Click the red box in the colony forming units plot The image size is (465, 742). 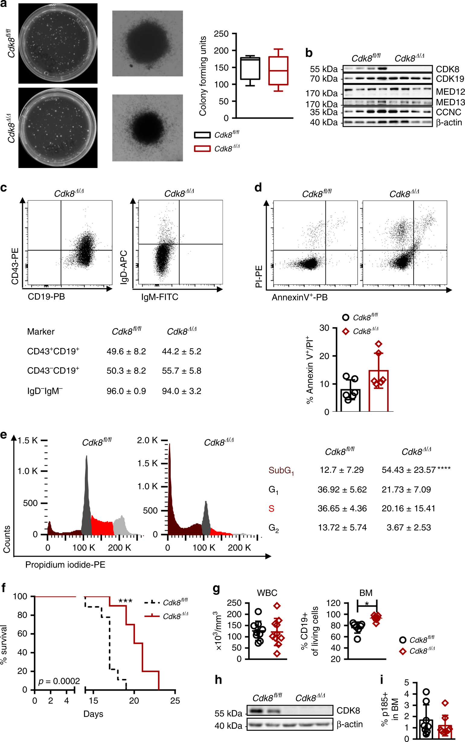click(x=278, y=71)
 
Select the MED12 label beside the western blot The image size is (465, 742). click(x=450, y=92)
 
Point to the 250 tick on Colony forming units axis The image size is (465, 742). click(x=221, y=33)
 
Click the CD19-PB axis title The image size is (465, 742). click(x=46, y=296)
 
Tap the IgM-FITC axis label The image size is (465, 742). click(x=160, y=297)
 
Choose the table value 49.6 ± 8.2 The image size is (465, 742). click(x=126, y=351)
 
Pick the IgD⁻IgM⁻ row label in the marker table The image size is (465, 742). click(x=45, y=391)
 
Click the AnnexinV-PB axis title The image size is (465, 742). click(x=300, y=297)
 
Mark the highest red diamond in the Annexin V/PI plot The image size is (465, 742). click(x=379, y=344)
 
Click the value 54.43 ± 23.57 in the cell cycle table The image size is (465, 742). click(x=409, y=470)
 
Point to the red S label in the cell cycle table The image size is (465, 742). click(x=271, y=509)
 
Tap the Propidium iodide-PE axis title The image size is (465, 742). click(x=65, y=565)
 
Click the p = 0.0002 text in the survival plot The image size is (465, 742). click(x=59, y=681)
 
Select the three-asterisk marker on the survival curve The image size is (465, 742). click(x=125, y=601)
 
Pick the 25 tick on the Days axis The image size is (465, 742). click(x=175, y=700)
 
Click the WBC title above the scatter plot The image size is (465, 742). click(x=267, y=593)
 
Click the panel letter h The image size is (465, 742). click(x=218, y=680)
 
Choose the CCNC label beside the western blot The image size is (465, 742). click(x=448, y=112)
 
